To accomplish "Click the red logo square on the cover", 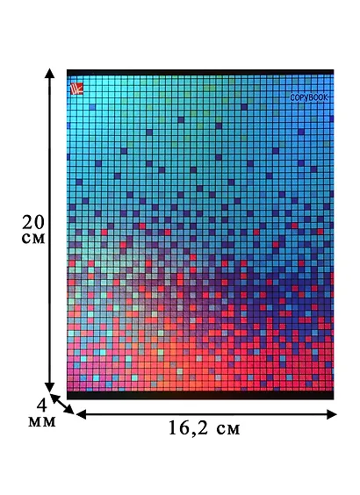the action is (76, 88).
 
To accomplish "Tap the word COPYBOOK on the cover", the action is (309, 97).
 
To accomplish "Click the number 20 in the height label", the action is (33, 222).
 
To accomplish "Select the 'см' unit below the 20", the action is (33, 239).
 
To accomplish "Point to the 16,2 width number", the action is (190, 428).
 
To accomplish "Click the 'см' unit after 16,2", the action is (228, 430).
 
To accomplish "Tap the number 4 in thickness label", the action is (41, 405).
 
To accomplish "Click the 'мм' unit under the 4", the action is (41, 422).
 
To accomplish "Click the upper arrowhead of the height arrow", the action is (49, 73).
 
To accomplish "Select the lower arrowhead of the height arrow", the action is (49, 387).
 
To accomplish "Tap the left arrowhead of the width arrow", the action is (81, 414).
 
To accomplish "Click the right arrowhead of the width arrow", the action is (332, 414).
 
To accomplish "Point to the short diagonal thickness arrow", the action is (61, 404).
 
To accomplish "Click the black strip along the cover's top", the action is (200, 72).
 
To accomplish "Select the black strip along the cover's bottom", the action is (200, 395).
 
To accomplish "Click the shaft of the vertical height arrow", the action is (49, 230).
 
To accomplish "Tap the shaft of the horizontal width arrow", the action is (206, 414).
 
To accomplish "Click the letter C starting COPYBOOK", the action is (292, 98).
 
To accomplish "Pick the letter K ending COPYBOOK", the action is (326, 97).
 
